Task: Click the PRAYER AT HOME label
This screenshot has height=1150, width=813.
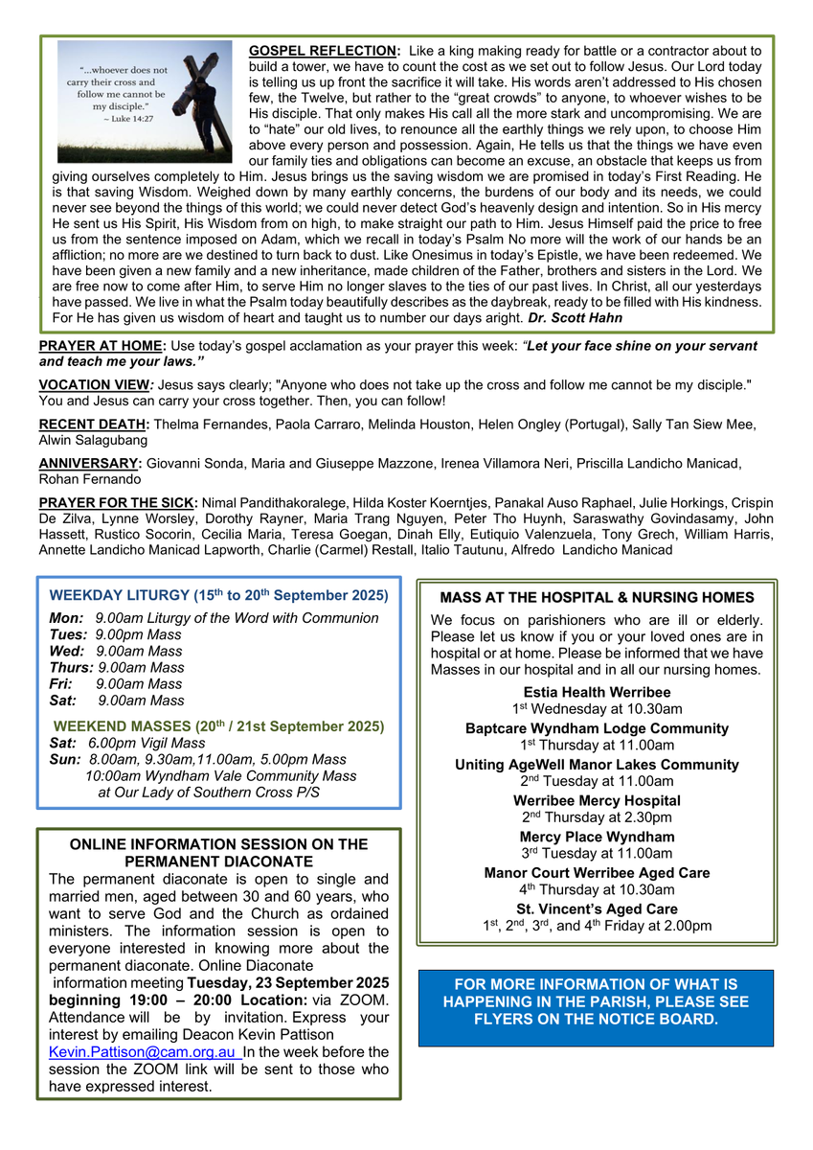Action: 102,345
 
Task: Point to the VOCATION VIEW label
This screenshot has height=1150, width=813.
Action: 98,384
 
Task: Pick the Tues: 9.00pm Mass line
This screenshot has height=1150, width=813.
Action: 115,634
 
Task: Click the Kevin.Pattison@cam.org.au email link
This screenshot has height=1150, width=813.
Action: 145,1052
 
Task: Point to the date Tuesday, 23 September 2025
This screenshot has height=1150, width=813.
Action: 287,983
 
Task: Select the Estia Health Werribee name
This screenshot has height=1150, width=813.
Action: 597,692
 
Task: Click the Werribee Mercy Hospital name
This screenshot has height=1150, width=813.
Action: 597,800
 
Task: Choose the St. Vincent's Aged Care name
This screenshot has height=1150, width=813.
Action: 597,908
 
